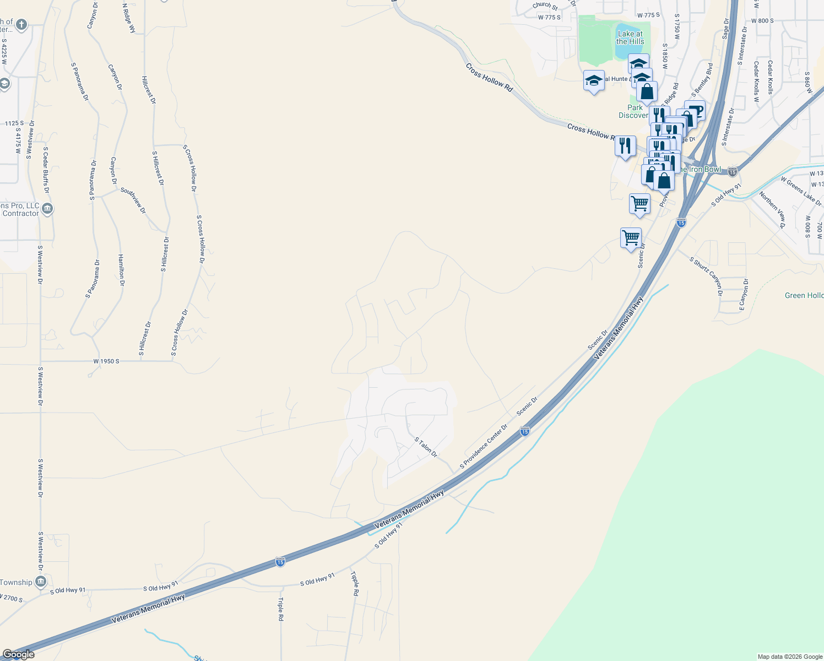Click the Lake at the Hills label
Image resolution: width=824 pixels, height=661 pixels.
630,37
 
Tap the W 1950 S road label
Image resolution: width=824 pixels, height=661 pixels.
106,361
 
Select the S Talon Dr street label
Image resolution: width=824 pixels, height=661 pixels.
426,447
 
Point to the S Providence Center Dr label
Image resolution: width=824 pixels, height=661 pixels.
484,446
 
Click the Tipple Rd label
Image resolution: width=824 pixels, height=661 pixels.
355,583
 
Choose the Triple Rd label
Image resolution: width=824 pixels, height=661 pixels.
280,609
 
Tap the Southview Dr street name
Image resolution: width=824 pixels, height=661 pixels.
133,201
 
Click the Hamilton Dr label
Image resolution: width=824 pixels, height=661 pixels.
121,270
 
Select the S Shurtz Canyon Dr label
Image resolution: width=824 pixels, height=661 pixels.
706,276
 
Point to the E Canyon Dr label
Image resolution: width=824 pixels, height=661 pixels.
744,295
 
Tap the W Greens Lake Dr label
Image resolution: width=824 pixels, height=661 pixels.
801,191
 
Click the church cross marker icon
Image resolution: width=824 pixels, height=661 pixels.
21,25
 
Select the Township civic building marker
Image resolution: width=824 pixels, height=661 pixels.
40,582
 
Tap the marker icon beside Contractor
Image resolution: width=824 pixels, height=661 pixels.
47,209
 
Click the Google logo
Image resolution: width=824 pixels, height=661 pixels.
18,654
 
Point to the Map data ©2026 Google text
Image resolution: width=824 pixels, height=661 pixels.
790,657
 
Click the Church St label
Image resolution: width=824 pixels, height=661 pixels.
545,6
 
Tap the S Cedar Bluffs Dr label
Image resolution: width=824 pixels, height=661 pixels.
46,170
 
